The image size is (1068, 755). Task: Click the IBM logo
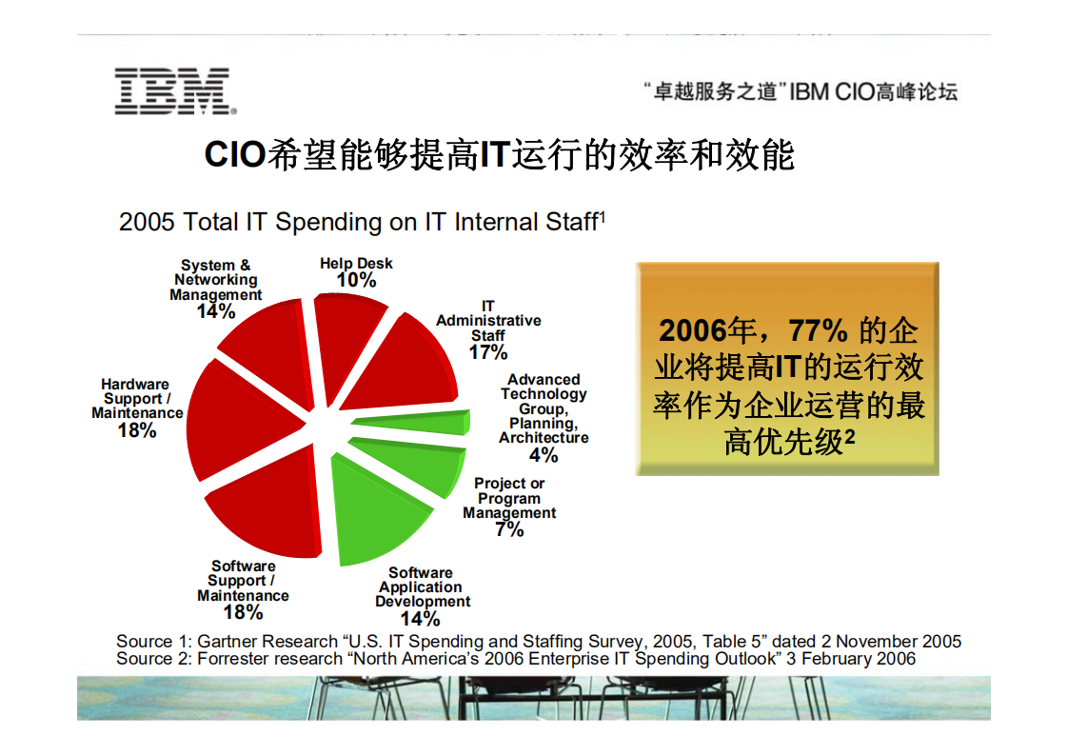click(x=172, y=90)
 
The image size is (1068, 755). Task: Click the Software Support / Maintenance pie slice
click(x=267, y=505)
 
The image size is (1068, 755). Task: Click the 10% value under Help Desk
click(x=356, y=280)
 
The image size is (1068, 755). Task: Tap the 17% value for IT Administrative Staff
click(x=488, y=352)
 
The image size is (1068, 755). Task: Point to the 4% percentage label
click(x=544, y=455)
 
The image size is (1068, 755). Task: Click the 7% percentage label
click(x=509, y=529)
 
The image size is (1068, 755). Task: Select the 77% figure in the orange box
click(x=818, y=330)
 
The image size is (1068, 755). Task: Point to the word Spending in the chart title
click(x=328, y=222)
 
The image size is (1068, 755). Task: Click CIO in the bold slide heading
click(x=234, y=154)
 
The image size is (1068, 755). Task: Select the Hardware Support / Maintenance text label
click(x=136, y=399)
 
